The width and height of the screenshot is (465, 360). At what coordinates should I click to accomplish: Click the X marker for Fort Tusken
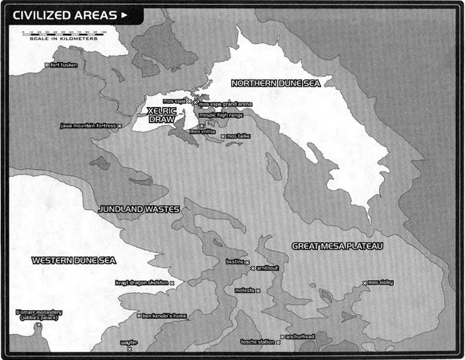coord(46,65)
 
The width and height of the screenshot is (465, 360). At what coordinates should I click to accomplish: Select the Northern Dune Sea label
coord(275,83)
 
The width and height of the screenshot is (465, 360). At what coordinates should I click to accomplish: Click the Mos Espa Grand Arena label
coord(225,104)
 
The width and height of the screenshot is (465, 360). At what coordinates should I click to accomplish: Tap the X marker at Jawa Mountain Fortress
coord(120,126)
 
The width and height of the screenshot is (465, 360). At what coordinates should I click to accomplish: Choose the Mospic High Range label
coord(221,115)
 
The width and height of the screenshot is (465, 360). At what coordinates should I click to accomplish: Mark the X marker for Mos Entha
coord(201,126)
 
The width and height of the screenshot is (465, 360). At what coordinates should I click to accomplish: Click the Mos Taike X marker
coord(223,136)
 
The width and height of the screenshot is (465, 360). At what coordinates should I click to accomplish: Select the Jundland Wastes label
coord(139,209)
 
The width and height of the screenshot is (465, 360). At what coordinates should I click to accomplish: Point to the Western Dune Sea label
coord(74,260)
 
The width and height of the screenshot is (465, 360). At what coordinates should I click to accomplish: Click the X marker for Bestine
coord(247,262)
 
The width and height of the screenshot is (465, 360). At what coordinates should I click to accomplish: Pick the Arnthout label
coord(267,268)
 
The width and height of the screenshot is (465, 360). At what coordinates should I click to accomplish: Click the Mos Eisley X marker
coord(365,283)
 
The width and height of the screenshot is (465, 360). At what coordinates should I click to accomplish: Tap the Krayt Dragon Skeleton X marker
coord(172,283)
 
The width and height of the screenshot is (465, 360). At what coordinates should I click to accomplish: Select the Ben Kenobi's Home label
coord(164,316)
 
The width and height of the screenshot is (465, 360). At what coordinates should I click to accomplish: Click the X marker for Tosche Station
coord(278,342)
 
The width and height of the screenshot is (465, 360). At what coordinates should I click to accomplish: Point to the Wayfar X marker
coord(129,349)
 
